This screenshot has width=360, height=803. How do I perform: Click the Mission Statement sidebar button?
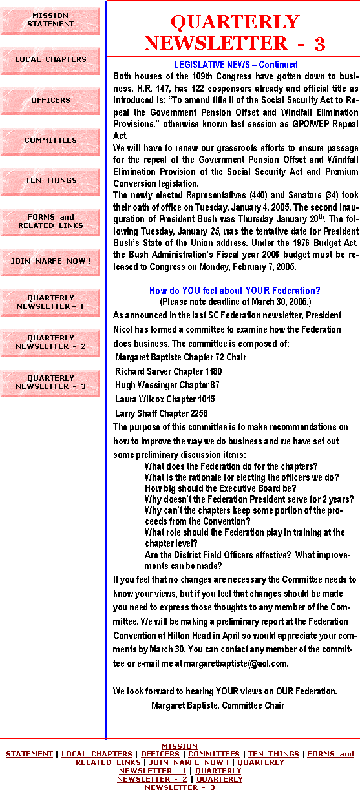click(50, 21)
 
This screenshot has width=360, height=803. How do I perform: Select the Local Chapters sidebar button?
click(50, 61)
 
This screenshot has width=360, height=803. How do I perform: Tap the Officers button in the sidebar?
click(50, 101)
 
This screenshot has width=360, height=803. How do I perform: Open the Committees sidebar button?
click(50, 141)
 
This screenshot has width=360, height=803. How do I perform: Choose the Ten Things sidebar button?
click(50, 182)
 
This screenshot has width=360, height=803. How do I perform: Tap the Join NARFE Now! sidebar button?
click(50, 262)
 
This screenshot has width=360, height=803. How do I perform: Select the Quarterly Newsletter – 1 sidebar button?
click(50, 303)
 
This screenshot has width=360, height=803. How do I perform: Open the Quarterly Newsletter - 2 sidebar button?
click(50, 343)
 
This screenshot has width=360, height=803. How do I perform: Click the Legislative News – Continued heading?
click(235, 65)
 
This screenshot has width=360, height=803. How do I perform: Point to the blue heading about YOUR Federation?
click(235, 290)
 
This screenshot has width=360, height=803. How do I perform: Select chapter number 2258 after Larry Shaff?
click(199, 413)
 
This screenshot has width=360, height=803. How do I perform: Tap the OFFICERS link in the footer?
click(160, 754)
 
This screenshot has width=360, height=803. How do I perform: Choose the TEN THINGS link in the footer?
click(273, 754)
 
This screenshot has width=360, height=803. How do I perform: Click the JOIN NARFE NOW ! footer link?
click(189, 762)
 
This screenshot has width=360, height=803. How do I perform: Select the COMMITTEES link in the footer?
click(214, 754)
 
